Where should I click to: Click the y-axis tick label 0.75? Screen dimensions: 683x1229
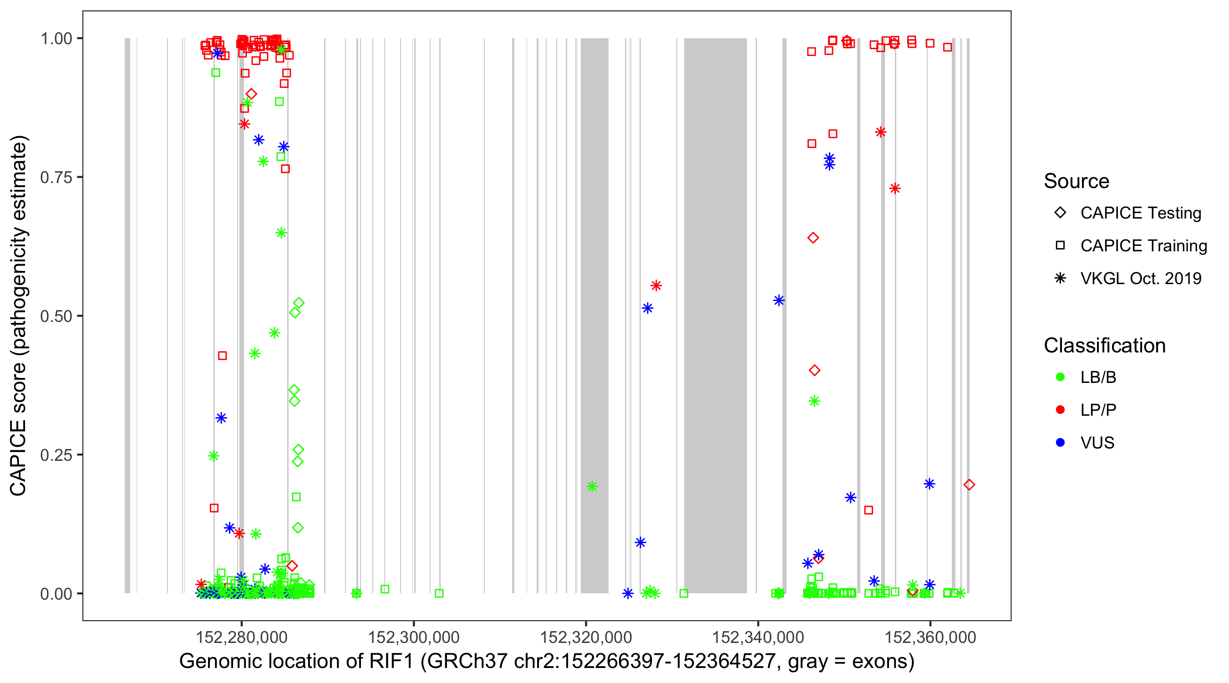pyautogui.click(x=56, y=178)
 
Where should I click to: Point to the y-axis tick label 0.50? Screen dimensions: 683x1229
pyautogui.click(x=56, y=316)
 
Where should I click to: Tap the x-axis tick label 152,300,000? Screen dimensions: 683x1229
pyautogui.click(x=413, y=637)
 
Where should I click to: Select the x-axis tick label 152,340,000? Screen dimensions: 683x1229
pyautogui.click(x=757, y=637)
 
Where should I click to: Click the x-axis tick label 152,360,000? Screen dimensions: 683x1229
pyautogui.click(x=930, y=637)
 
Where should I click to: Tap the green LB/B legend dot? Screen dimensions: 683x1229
pyautogui.click(x=1060, y=377)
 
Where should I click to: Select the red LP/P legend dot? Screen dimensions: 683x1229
pyautogui.click(x=1060, y=410)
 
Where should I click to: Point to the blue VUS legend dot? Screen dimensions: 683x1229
pyautogui.click(x=1060, y=443)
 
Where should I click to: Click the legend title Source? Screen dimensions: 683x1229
pyautogui.click(x=1077, y=181)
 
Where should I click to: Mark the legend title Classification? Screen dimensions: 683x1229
pyautogui.click(x=1104, y=346)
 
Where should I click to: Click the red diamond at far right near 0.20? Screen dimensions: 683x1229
pyautogui.click(x=969, y=484)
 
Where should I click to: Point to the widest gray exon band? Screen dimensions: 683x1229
pyautogui.click(x=715, y=315)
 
